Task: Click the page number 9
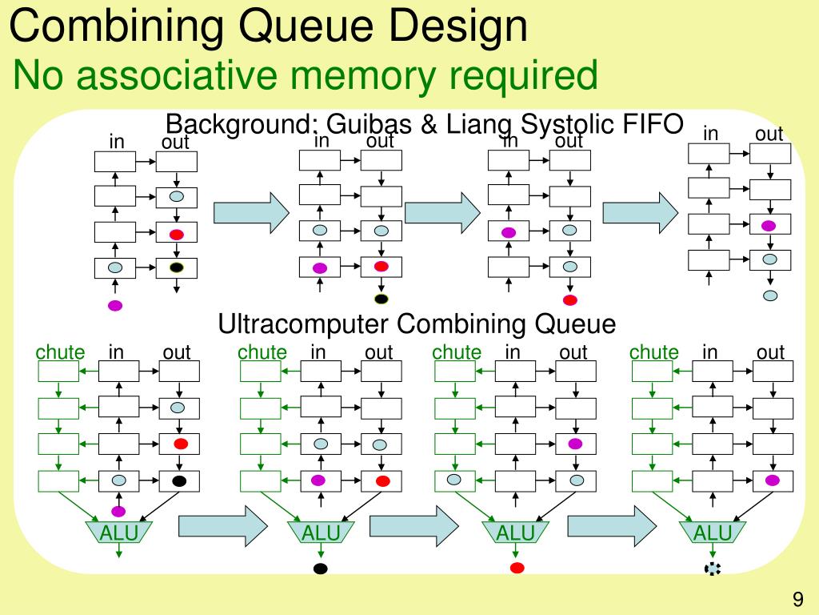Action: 797,598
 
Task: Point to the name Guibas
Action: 369,124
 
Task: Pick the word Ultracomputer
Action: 302,324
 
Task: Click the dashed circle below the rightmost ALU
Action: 713,569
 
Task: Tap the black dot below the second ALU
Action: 321,569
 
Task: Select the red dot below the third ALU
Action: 517,568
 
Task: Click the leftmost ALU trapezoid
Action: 119,532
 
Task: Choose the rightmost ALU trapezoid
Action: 713,532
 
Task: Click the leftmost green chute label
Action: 60,352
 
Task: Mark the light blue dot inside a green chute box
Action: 454,479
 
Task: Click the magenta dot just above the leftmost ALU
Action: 118,511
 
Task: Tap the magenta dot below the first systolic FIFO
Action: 115,306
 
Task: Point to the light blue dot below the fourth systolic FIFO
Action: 770,295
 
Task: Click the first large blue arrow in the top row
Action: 251,212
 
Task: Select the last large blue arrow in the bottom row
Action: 612,526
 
